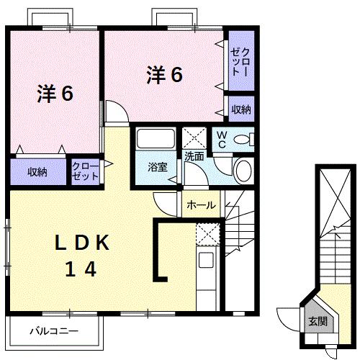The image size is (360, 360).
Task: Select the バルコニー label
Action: click(x=53, y=332)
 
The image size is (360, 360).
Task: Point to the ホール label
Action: click(x=201, y=205)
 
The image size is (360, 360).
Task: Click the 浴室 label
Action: click(x=157, y=168)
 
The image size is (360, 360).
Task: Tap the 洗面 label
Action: click(x=194, y=155)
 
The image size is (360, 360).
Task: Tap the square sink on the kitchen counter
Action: click(x=207, y=261)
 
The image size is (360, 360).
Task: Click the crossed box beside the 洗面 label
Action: click(x=194, y=137)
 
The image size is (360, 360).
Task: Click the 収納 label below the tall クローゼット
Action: click(x=241, y=109)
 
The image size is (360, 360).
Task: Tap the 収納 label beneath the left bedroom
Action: click(x=37, y=172)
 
